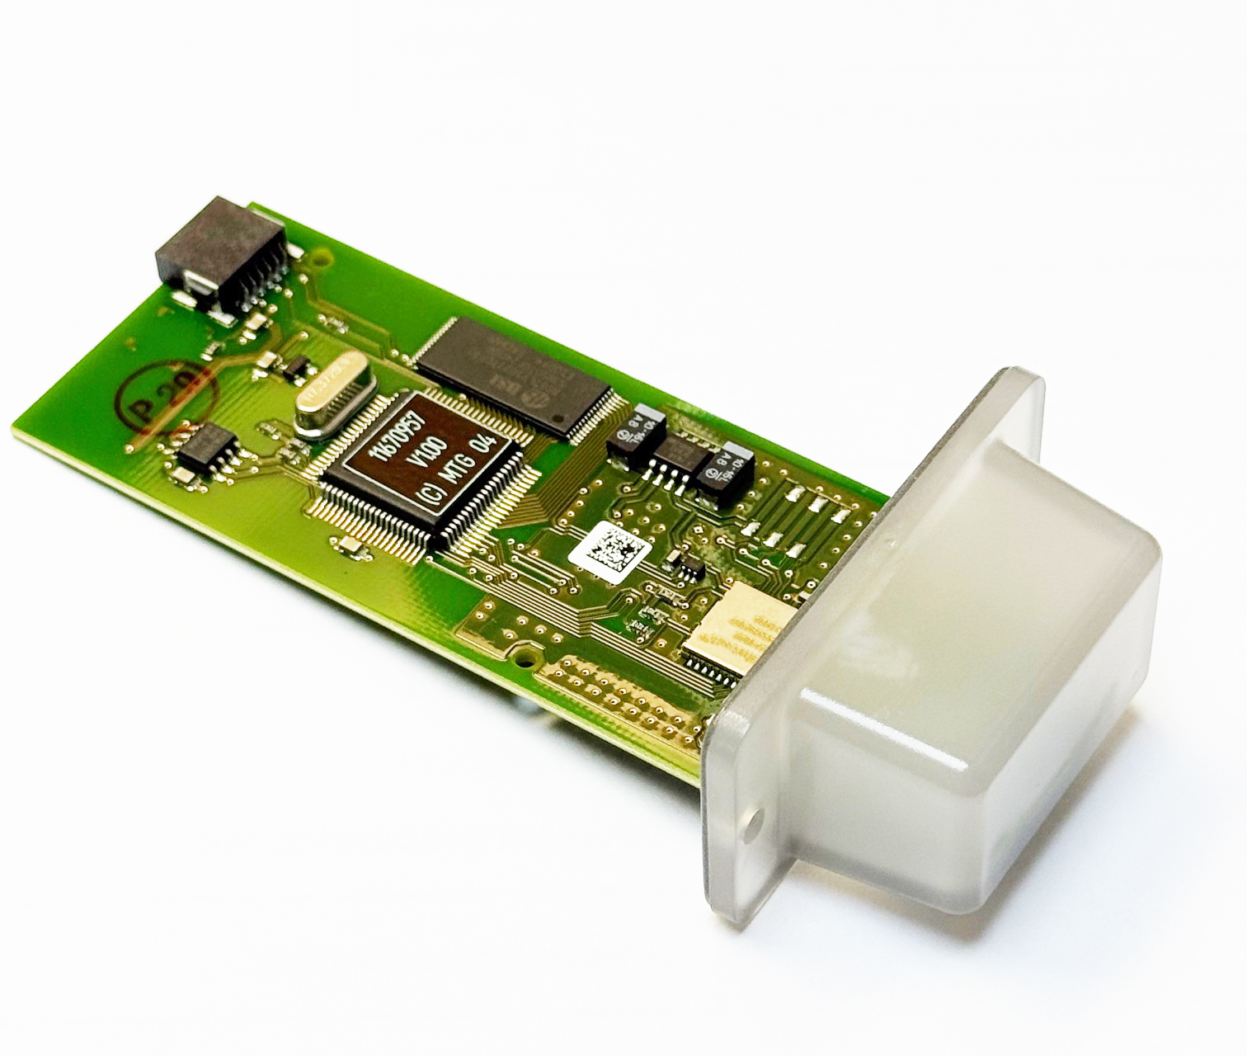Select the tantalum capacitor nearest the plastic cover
click(722, 470)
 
